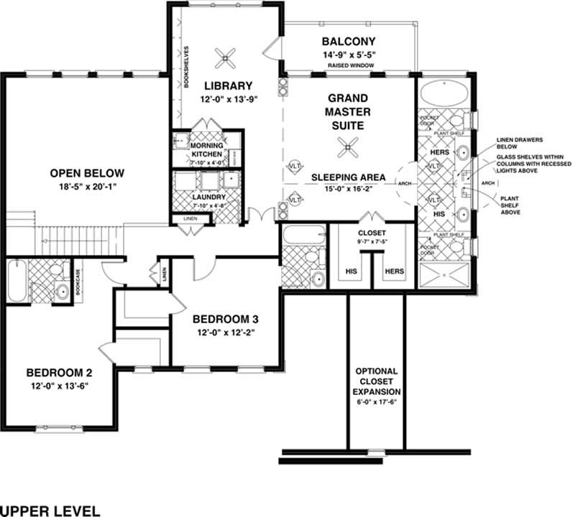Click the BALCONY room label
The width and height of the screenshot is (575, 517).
point(349,40)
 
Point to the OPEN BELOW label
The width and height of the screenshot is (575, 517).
point(87,173)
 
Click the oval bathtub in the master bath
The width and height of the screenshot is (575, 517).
point(442,94)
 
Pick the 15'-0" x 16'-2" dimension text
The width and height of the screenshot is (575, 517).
point(349,190)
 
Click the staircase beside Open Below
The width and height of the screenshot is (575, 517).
point(72,235)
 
